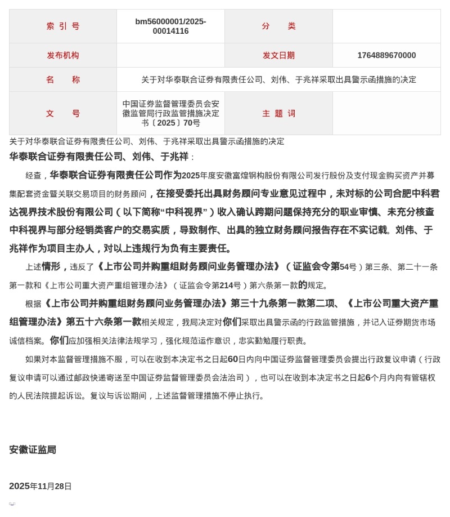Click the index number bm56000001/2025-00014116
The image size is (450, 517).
click(x=170, y=26)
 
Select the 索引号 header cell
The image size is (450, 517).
click(x=63, y=26)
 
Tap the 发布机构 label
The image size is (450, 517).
click(x=63, y=55)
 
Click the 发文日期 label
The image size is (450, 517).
click(x=278, y=55)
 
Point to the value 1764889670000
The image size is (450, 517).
click(x=386, y=55)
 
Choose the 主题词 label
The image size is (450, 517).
click(x=278, y=113)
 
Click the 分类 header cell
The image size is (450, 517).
click(x=278, y=26)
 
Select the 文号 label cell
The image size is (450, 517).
click(x=63, y=113)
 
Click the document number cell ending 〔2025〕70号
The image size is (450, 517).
click(x=170, y=113)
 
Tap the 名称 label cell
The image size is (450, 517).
click(x=63, y=79)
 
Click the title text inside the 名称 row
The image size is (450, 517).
click(x=278, y=79)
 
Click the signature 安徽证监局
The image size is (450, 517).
click(x=33, y=449)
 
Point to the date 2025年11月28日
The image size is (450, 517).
click(x=40, y=486)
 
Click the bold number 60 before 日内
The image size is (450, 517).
click(x=232, y=359)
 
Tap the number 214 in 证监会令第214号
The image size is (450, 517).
click(x=227, y=285)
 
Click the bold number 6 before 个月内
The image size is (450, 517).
click(x=368, y=377)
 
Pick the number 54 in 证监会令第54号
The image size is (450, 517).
click(x=344, y=267)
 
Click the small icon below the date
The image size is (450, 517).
click(x=12, y=503)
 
